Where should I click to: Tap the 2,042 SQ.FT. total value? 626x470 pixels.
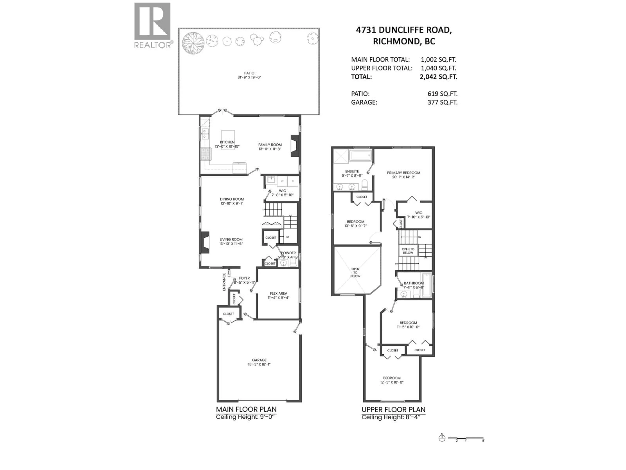click(x=438, y=77)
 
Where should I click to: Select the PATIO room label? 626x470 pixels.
click(x=249, y=73)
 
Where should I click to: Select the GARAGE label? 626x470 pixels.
click(x=259, y=360)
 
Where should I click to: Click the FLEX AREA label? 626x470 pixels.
click(x=278, y=293)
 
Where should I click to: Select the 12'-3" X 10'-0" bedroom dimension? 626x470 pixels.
click(x=392, y=382)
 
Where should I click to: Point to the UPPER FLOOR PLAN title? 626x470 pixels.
click(x=393, y=410)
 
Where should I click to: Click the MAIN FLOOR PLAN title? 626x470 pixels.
click(x=246, y=409)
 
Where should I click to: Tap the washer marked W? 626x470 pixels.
click(x=282, y=181)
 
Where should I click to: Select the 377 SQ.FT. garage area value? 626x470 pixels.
click(x=442, y=102)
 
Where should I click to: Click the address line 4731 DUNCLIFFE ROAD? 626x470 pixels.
click(x=404, y=30)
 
